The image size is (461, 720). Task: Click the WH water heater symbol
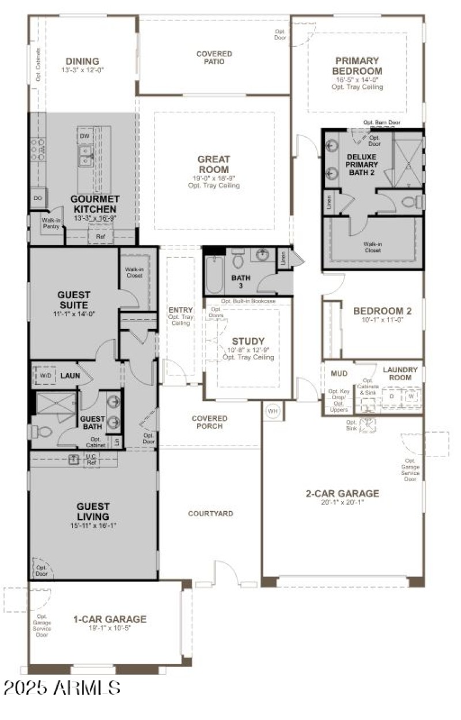(272, 411)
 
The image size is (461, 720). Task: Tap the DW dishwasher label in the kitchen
(84, 136)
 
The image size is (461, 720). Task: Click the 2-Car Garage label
(342, 493)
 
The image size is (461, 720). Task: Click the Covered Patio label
(214, 58)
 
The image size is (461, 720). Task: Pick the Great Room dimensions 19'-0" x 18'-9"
(213, 178)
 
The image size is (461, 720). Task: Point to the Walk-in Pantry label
(50, 223)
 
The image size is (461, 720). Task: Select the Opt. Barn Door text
(381, 123)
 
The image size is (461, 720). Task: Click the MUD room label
(339, 373)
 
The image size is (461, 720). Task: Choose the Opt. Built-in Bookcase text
(248, 301)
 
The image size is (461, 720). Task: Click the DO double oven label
(38, 198)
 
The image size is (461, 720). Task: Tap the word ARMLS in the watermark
(88, 688)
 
